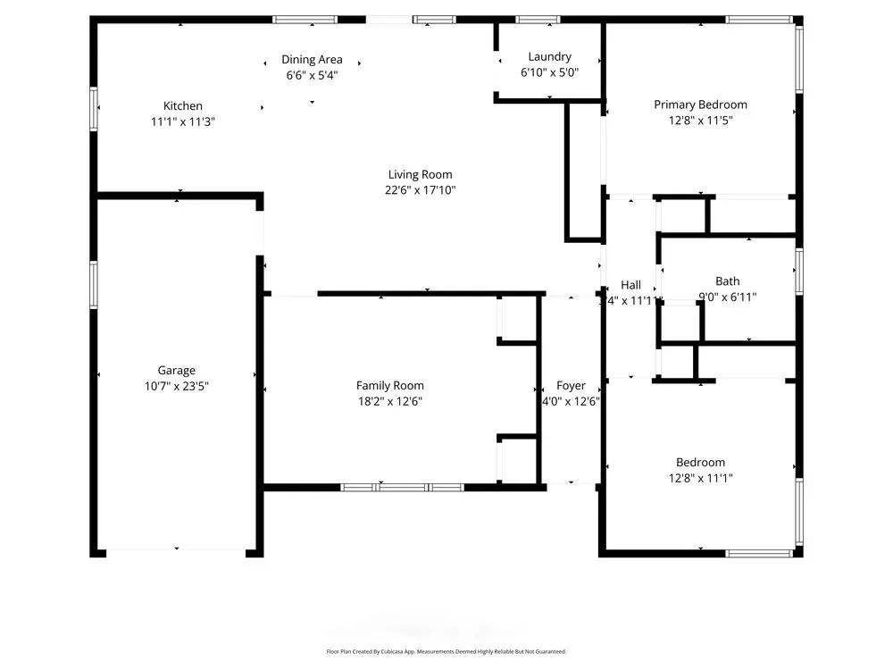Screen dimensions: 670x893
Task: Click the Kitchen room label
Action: point(182,105)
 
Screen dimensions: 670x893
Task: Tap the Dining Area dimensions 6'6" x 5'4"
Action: point(312,76)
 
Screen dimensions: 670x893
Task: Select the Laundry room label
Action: point(549,56)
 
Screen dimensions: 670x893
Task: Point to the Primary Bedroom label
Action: point(700,105)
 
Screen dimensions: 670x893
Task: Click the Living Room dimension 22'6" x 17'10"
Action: point(420,190)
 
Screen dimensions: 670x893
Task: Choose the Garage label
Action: point(176,370)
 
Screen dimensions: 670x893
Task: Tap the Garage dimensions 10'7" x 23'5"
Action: point(176,386)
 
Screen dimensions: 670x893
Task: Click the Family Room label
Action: point(389,385)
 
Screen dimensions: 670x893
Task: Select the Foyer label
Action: point(571,385)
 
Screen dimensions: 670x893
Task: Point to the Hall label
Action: point(630,285)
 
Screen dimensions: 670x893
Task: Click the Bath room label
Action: point(727,281)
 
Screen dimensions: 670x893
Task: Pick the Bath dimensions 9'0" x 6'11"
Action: point(727,297)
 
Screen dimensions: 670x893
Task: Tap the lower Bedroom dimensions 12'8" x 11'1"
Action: point(700,479)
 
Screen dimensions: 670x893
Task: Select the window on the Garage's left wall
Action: point(94,285)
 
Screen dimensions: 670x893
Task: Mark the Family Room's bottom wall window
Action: point(403,488)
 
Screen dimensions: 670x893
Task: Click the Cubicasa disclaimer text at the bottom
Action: point(446,652)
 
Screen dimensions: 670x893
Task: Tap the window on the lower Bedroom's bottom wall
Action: point(759,554)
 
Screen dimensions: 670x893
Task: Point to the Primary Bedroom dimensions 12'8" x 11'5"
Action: point(700,121)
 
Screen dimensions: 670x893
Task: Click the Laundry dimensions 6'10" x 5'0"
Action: point(549,72)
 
